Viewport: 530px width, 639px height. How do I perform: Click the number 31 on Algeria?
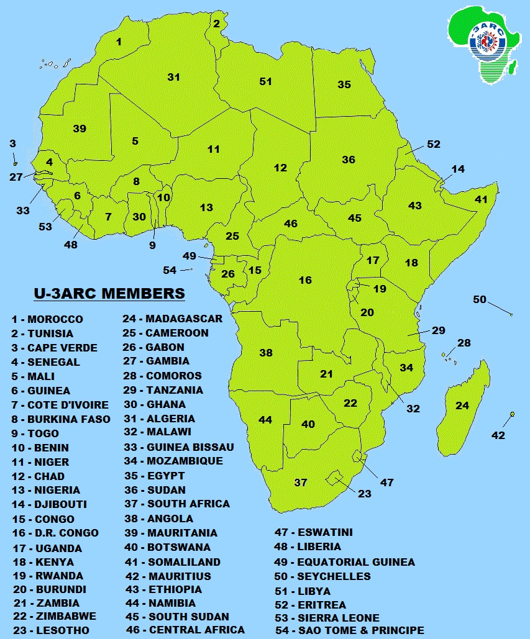[x=173, y=77]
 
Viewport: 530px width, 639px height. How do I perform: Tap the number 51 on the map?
[x=266, y=81]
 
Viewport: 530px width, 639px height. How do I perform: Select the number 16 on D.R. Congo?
[x=305, y=280]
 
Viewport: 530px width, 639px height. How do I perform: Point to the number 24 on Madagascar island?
[x=462, y=406]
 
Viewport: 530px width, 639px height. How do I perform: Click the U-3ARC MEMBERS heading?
[x=109, y=293]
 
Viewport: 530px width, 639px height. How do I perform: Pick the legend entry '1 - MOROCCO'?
[x=47, y=319]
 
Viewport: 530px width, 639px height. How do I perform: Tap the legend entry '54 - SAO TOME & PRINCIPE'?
[x=349, y=630]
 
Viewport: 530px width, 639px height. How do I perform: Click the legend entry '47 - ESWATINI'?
[x=317, y=532]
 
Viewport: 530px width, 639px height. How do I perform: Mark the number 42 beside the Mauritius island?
[x=498, y=435]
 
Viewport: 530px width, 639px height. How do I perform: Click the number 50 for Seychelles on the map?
[x=480, y=299]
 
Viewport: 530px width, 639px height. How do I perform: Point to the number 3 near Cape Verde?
[x=12, y=143]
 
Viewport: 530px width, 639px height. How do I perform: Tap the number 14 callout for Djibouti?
[x=458, y=169]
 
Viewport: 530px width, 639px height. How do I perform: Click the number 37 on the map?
[x=301, y=482]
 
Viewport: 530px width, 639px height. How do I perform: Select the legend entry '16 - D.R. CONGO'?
[x=55, y=533]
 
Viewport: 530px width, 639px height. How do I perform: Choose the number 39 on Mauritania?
[x=79, y=129]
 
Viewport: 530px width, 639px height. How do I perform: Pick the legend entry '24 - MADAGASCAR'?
[x=172, y=319]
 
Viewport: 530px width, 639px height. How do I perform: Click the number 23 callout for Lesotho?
[x=364, y=494]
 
